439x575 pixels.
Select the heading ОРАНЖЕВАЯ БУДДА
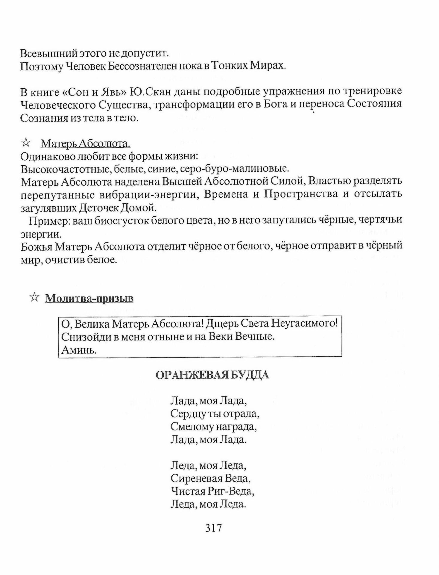pyautogui.click(x=212, y=375)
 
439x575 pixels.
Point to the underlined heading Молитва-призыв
pyautogui.click(x=89, y=299)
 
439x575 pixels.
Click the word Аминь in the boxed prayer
pyautogui.click(x=79, y=350)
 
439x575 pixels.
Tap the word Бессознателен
pyautogui.click(x=142, y=66)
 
